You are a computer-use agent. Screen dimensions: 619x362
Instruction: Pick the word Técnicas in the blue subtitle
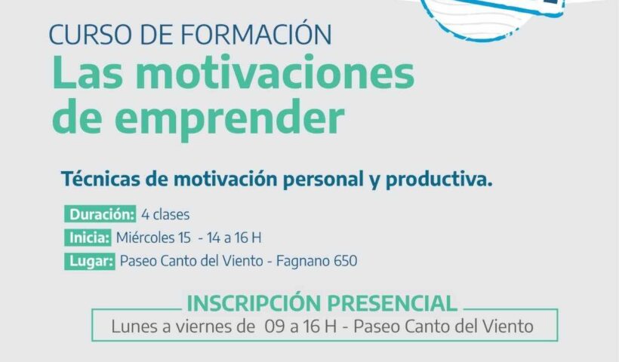[x=100, y=179]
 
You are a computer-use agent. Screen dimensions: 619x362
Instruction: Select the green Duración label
[x=100, y=214]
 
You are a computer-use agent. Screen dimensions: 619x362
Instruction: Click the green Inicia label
[x=88, y=238]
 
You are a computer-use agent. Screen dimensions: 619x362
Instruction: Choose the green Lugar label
[x=90, y=261]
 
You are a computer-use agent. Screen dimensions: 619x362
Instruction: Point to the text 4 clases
[x=165, y=214]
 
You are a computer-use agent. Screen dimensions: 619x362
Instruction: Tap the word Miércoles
[x=145, y=238]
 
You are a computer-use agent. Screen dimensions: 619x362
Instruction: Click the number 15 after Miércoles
[x=185, y=238]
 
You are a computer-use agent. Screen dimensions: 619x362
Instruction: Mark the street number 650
[x=346, y=261]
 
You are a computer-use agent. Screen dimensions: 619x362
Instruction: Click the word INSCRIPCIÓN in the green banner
[x=254, y=302]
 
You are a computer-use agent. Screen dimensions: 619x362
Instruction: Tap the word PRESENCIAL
[x=392, y=303]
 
